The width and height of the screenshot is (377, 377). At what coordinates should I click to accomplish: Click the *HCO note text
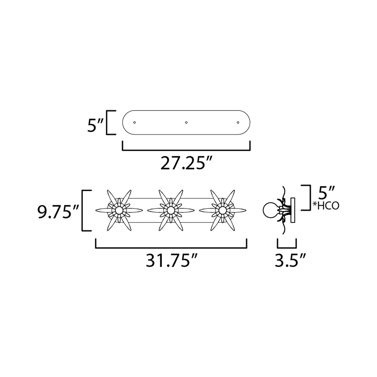point(326,206)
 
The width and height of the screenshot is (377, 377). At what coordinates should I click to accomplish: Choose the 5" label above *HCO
point(326,193)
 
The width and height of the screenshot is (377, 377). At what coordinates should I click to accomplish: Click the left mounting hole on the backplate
point(134,122)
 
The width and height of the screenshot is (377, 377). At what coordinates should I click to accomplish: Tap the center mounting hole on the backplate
point(186,122)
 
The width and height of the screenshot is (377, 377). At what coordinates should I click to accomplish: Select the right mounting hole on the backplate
point(238,122)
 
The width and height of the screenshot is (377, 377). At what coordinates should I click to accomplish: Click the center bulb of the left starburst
point(119,210)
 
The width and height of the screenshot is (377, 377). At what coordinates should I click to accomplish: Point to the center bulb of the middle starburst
point(171,210)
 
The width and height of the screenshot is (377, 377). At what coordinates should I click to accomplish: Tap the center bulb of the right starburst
point(222,210)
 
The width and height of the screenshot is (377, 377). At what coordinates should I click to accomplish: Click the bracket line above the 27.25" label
point(186,150)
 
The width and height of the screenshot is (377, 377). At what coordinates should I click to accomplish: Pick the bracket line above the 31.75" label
point(171,247)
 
